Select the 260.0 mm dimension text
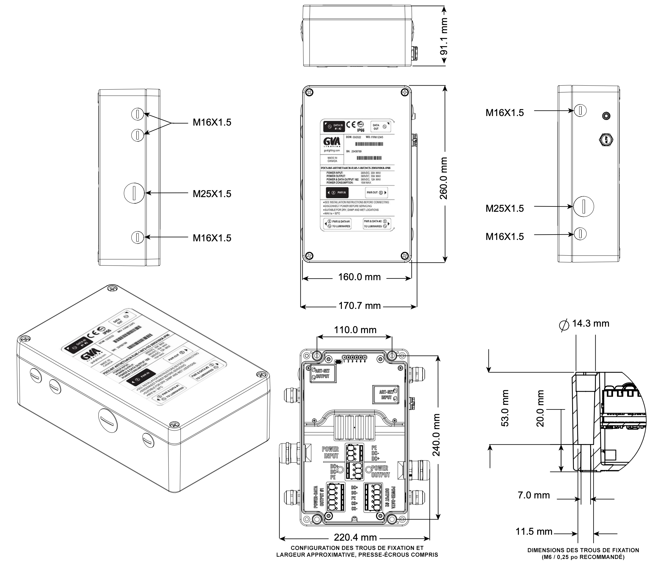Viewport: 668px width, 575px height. click(x=444, y=178)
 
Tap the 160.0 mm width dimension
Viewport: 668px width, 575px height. click(x=359, y=277)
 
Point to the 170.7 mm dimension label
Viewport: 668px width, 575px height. click(x=359, y=306)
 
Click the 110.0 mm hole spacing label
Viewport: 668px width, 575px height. click(x=355, y=330)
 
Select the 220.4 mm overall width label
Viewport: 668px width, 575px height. click(x=355, y=537)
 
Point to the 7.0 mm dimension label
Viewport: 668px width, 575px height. click(x=534, y=495)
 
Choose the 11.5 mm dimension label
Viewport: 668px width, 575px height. click(x=534, y=531)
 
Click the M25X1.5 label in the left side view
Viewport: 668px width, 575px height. click(x=212, y=194)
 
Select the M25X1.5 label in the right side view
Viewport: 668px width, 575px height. click(x=505, y=208)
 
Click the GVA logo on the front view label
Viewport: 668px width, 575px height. click(x=332, y=142)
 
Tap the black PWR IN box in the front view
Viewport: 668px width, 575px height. click(x=337, y=193)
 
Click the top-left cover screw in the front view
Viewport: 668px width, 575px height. click(x=309, y=92)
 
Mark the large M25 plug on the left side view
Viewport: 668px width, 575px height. click(x=134, y=193)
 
